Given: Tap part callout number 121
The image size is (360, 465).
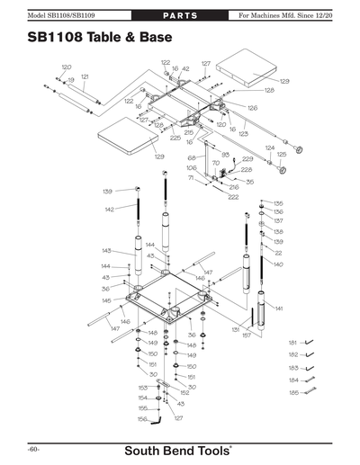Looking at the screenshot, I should pos(85,76).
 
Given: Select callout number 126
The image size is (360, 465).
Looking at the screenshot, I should pos(253,108).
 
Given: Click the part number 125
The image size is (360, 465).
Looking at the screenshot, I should pos(281,154).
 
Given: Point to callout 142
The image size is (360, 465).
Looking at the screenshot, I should pos(109,209).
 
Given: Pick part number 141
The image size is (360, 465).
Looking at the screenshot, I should pos(279,308).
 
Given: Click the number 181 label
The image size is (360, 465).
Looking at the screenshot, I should pos(292,343).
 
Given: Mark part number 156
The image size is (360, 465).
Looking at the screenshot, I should pos(142,418).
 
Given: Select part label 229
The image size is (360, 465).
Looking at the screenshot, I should pos(247,158).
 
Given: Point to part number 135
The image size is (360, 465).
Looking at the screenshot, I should pos(279,203).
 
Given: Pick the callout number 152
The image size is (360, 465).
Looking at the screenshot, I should pos(184,392).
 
